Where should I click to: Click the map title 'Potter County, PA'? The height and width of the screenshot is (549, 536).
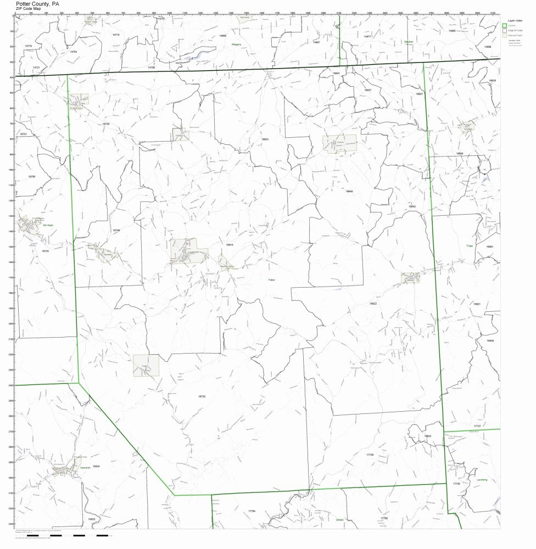click(x=38, y=3)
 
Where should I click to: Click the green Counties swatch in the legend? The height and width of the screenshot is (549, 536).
click(x=505, y=25)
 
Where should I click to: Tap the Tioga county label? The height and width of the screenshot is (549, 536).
click(x=469, y=246)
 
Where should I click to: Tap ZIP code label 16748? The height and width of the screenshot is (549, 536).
click(x=105, y=124)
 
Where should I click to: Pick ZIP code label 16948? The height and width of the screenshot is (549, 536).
click(x=349, y=191)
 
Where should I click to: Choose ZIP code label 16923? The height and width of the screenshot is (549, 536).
click(x=265, y=139)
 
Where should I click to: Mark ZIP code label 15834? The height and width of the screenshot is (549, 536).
click(x=96, y=466)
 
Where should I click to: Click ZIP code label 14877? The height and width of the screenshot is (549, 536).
click(x=367, y=36)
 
